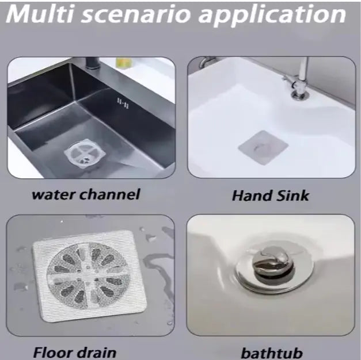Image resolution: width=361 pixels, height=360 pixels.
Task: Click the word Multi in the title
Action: pyautogui.click(x=40, y=14)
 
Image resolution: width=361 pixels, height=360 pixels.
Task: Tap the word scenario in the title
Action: pyautogui.click(x=136, y=15)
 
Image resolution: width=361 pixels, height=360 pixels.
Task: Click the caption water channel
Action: pyautogui.click(x=86, y=194)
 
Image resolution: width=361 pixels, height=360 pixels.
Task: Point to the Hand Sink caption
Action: pyautogui.click(x=270, y=196)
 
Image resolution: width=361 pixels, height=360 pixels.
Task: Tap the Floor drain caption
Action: pyautogui.click(x=75, y=352)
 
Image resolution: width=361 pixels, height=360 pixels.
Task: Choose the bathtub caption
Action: pyautogui.click(x=272, y=353)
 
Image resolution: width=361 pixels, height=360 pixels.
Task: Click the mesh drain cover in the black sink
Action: pyautogui.click(x=85, y=154)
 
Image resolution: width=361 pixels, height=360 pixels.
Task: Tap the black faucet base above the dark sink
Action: pyautogui.click(x=93, y=63)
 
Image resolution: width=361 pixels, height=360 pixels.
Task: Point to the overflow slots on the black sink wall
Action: pyautogui.click(x=123, y=104)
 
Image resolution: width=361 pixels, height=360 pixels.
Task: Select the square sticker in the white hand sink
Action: pyautogui.click(x=263, y=147)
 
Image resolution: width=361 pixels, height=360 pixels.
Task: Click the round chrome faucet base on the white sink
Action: pyautogui.click(x=299, y=95)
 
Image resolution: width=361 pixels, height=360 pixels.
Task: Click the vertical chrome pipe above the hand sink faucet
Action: pyautogui.click(x=304, y=68)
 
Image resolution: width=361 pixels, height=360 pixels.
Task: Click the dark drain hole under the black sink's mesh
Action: pyautogui.click(x=85, y=159)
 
